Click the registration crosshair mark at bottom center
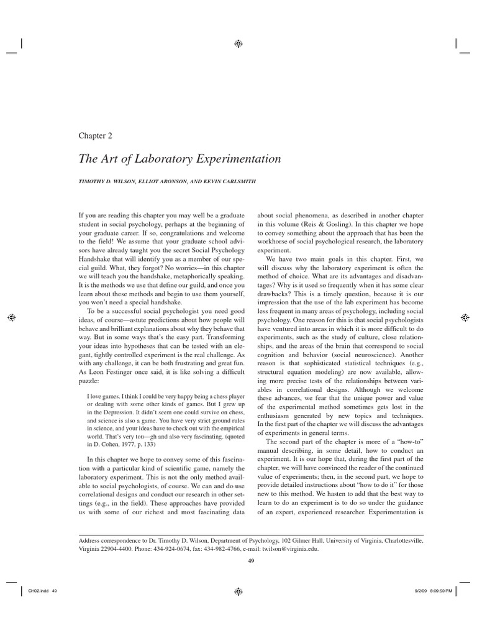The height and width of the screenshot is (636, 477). pos(238,591)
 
